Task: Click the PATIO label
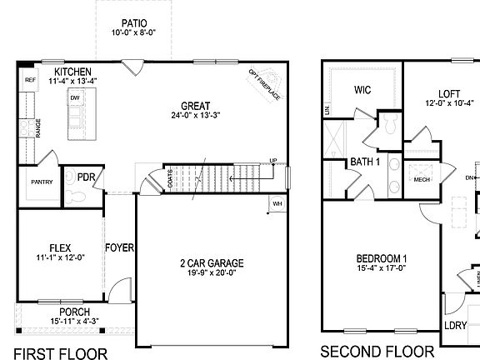[x=134, y=23]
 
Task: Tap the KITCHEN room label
[x=72, y=72]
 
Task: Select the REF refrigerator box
[x=30, y=81]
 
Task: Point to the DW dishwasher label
[x=74, y=97]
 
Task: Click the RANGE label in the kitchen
[x=38, y=127]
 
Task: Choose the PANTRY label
[x=42, y=182]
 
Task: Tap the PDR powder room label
[x=86, y=177]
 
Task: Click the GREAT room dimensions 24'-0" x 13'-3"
[x=196, y=117]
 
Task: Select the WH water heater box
[x=277, y=203]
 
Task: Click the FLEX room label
[x=60, y=247]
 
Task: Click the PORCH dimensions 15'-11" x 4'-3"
[x=75, y=322]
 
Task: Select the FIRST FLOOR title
[x=61, y=353]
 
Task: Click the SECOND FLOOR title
[x=377, y=352]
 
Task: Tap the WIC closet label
[x=362, y=90]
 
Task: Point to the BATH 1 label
[x=365, y=162]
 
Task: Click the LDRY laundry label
[x=455, y=326]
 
